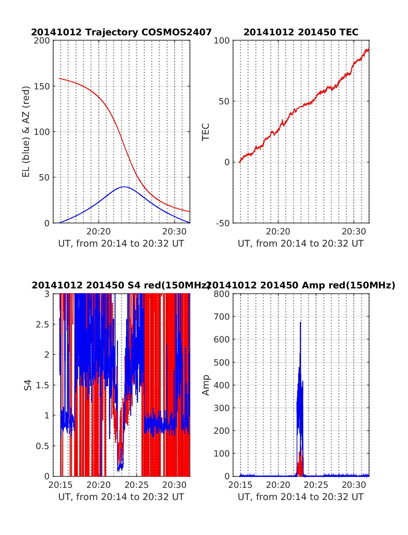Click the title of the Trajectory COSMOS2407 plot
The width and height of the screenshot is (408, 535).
(x=121, y=32)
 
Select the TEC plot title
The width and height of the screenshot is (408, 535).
(x=301, y=32)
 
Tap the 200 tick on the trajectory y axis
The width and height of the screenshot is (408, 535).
(x=42, y=41)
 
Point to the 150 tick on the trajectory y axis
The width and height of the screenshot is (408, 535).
(x=42, y=86)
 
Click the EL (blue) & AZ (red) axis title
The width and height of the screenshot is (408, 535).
(x=26, y=131)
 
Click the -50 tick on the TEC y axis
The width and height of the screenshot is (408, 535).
(x=222, y=223)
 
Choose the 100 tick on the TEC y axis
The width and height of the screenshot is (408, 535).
(x=222, y=41)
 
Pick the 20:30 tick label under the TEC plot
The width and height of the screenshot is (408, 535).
(x=354, y=232)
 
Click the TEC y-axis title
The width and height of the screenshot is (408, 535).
(x=206, y=131)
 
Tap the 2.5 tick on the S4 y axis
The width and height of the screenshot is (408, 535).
(x=43, y=324)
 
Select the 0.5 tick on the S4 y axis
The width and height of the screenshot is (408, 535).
(x=43, y=446)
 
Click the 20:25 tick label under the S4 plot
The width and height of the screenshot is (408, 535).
(x=137, y=485)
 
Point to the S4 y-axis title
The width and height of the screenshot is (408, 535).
(x=28, y=385)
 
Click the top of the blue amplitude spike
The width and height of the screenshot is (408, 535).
(x=301, y=322)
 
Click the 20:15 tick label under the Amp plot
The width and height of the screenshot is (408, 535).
(x=240, y=485)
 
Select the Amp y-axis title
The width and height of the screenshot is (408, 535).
(x=206, y=385)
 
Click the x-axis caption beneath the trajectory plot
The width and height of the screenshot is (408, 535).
(x=121, y=244)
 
